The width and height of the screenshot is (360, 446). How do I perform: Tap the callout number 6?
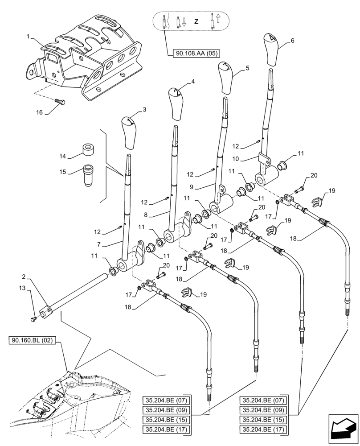click(293, 40)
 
